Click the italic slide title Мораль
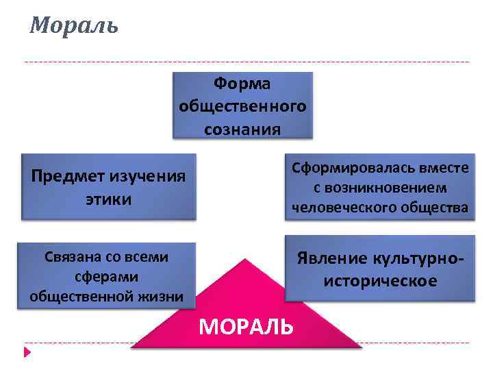(74, 25)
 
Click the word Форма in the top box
(242, 84)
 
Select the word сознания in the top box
(242, 129)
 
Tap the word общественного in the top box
(242, 106)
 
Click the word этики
(108, 199)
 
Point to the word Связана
(71, 257)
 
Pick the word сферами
(106, 276)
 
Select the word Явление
(331, 259)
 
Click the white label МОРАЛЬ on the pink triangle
(246, 327)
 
